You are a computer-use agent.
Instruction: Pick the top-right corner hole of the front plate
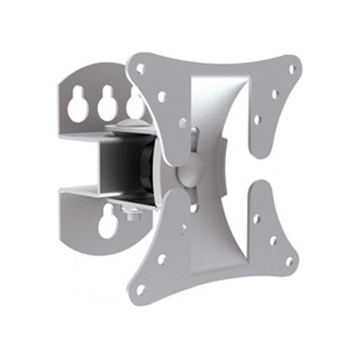click(289, 70)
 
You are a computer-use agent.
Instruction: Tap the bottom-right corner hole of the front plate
click(289, 260)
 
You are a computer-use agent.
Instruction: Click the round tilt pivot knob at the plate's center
click(189, 174)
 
